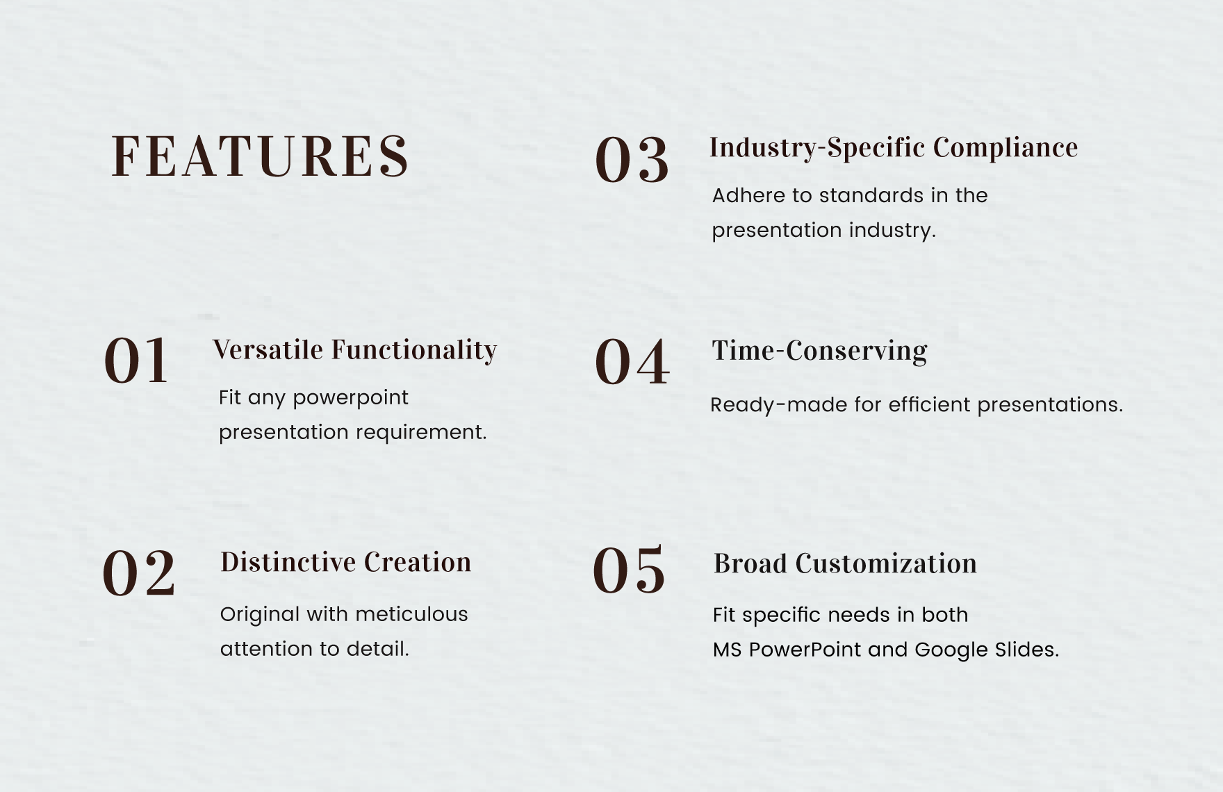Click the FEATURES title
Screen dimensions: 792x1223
click(260, 156)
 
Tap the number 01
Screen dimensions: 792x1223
click(136, 361)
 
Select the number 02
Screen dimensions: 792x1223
click(139, 573)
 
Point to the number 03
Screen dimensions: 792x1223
click(632, 160)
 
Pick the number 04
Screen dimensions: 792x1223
click(632, 362)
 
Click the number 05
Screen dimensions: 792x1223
click(629, 570)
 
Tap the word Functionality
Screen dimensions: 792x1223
click(413, 350)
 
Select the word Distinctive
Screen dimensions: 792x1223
click(288, 562)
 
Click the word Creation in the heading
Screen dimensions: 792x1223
click(418, 562)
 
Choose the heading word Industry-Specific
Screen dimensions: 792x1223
click(816, 148)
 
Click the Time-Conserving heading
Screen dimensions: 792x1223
click(819, 351)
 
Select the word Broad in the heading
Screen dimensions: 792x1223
click(750, 563)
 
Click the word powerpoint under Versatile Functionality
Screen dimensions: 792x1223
click(350, 398)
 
